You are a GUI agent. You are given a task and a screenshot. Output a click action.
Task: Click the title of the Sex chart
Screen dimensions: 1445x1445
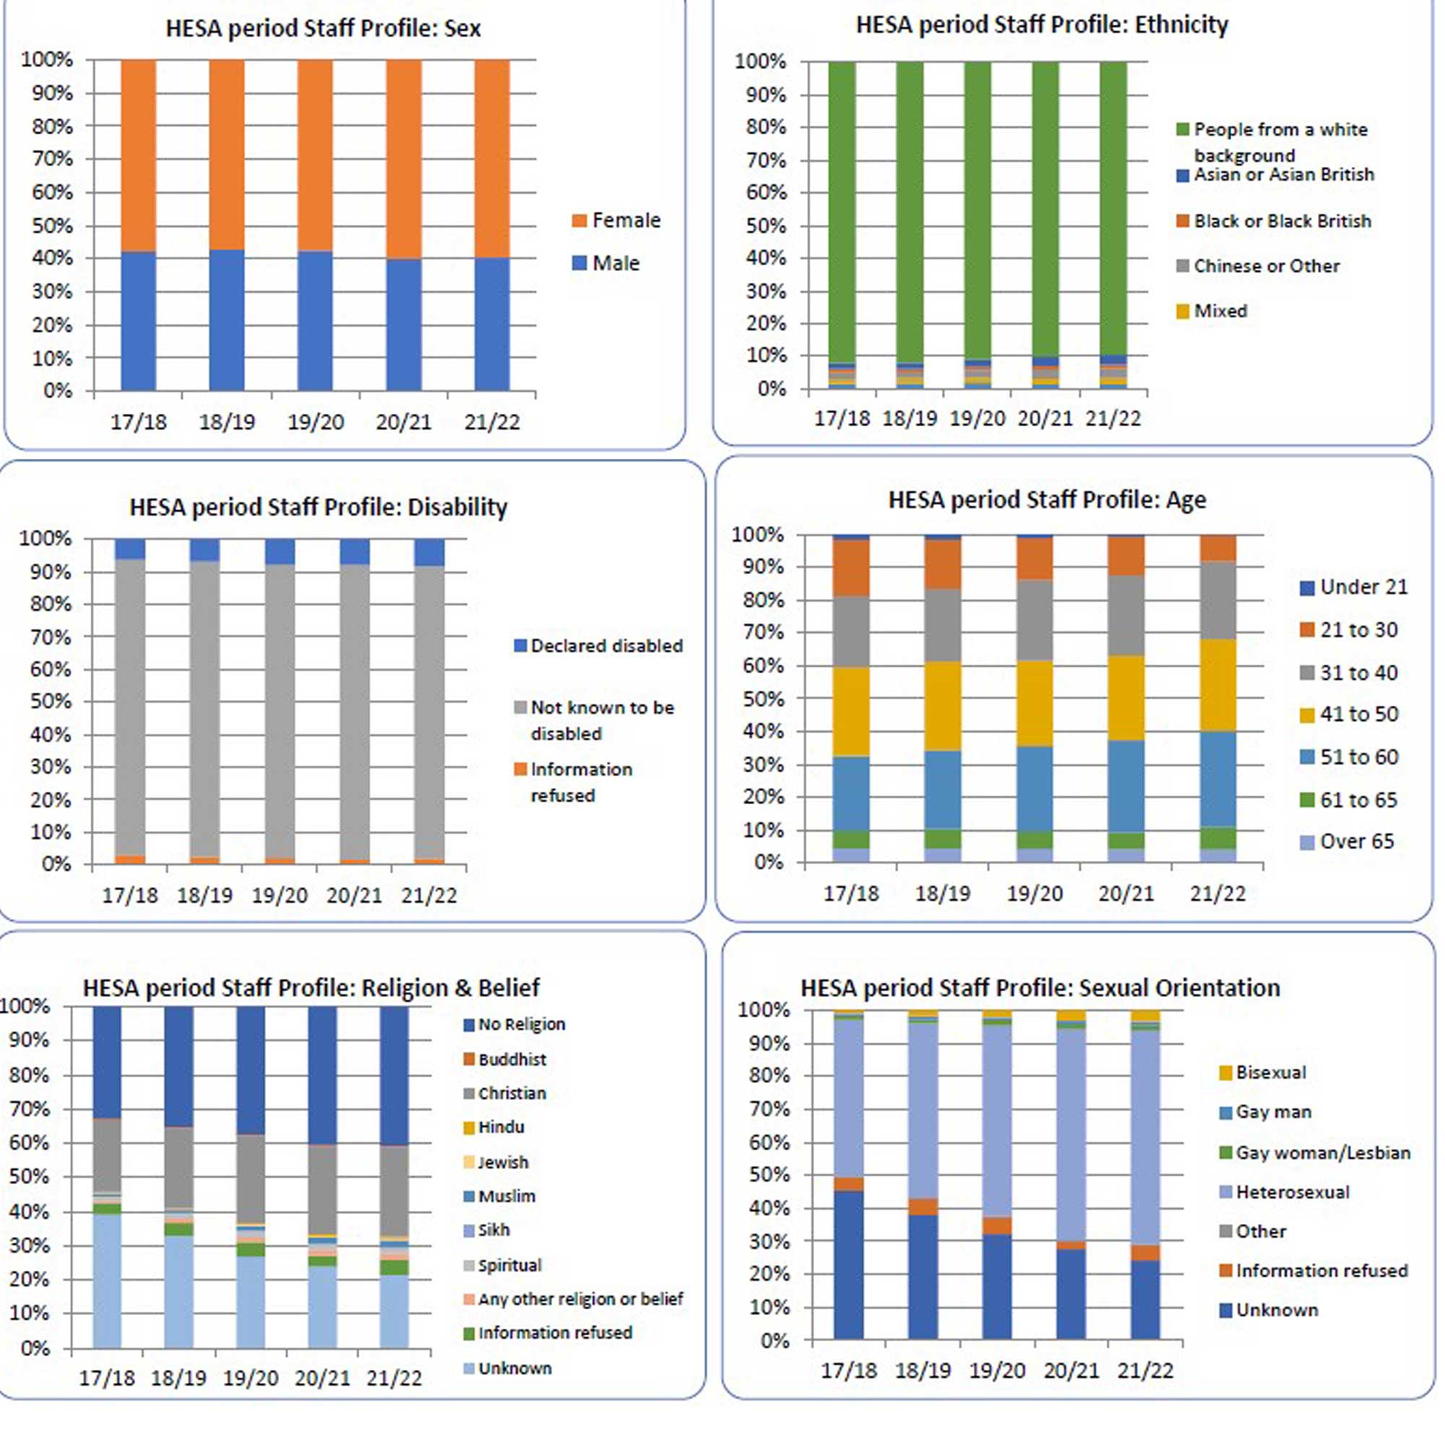tap(322, 28)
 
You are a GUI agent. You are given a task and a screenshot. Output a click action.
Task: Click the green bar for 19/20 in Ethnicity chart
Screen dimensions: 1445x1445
tap(977, 210)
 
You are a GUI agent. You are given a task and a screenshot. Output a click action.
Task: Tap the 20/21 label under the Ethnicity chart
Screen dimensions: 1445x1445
tap(1045, 419)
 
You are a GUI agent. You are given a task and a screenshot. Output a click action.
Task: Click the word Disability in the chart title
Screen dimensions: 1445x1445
tap(457, 507)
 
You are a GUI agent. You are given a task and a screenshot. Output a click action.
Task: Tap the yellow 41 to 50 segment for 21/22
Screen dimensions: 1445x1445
tap(1217, 684)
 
